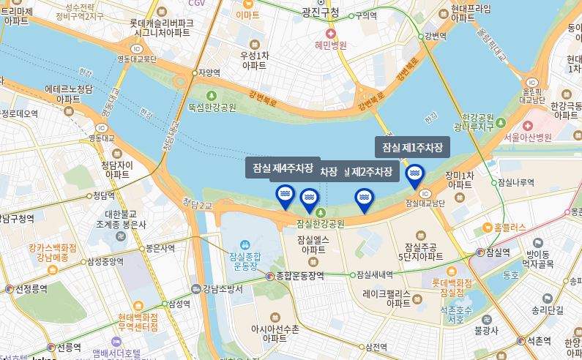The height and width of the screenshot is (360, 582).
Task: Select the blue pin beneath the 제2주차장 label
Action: pos(363,198)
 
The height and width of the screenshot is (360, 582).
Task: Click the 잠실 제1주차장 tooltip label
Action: pos(413,148)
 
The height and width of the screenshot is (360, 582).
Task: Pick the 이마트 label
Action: pos(248,15)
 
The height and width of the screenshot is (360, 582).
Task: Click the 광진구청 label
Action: pos(321,12)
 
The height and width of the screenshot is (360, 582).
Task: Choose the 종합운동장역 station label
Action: pos(300,276)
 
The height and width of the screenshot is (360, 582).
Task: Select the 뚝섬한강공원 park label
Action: pos(212,107)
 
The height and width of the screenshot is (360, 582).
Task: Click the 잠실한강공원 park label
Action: pos(320,223)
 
